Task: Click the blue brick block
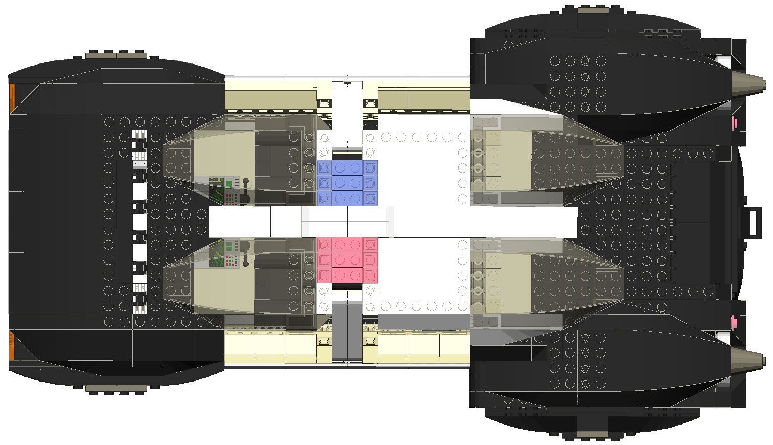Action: coord(348,183)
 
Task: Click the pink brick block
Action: coord(348,259)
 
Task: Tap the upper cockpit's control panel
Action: coord(224,189)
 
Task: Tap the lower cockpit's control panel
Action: coord(224,253)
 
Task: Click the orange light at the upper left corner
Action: coord(12,98)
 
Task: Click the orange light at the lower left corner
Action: coord(12,345)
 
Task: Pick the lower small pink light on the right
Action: coord(735,322)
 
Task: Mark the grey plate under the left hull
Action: coord(117,389)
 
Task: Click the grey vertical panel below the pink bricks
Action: coord(347,330)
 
